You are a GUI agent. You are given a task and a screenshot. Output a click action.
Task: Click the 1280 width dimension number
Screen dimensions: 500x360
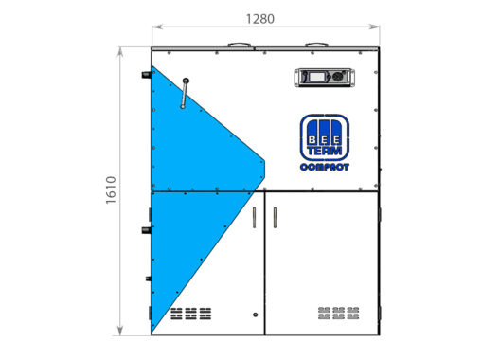coord(259,19)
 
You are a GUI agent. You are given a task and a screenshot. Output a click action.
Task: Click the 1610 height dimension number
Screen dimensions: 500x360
coord(111,190)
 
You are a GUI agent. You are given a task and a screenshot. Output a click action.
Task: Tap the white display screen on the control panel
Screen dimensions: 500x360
coord(317,77)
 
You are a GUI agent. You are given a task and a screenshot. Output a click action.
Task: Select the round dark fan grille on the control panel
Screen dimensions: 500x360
coord(338,77)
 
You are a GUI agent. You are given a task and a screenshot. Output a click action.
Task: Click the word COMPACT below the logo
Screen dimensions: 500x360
coord(325,168)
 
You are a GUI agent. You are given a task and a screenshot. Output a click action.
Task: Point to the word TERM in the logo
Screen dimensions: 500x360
coord(325,151)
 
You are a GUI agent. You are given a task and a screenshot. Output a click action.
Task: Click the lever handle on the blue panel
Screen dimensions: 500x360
coord(185,93)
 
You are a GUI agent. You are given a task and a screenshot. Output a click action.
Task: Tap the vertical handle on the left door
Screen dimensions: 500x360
coord(254,218)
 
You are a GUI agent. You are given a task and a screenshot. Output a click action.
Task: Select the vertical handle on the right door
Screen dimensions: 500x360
coord(275,218)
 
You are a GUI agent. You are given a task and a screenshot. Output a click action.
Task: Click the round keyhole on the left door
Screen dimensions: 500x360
coord(255,315)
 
